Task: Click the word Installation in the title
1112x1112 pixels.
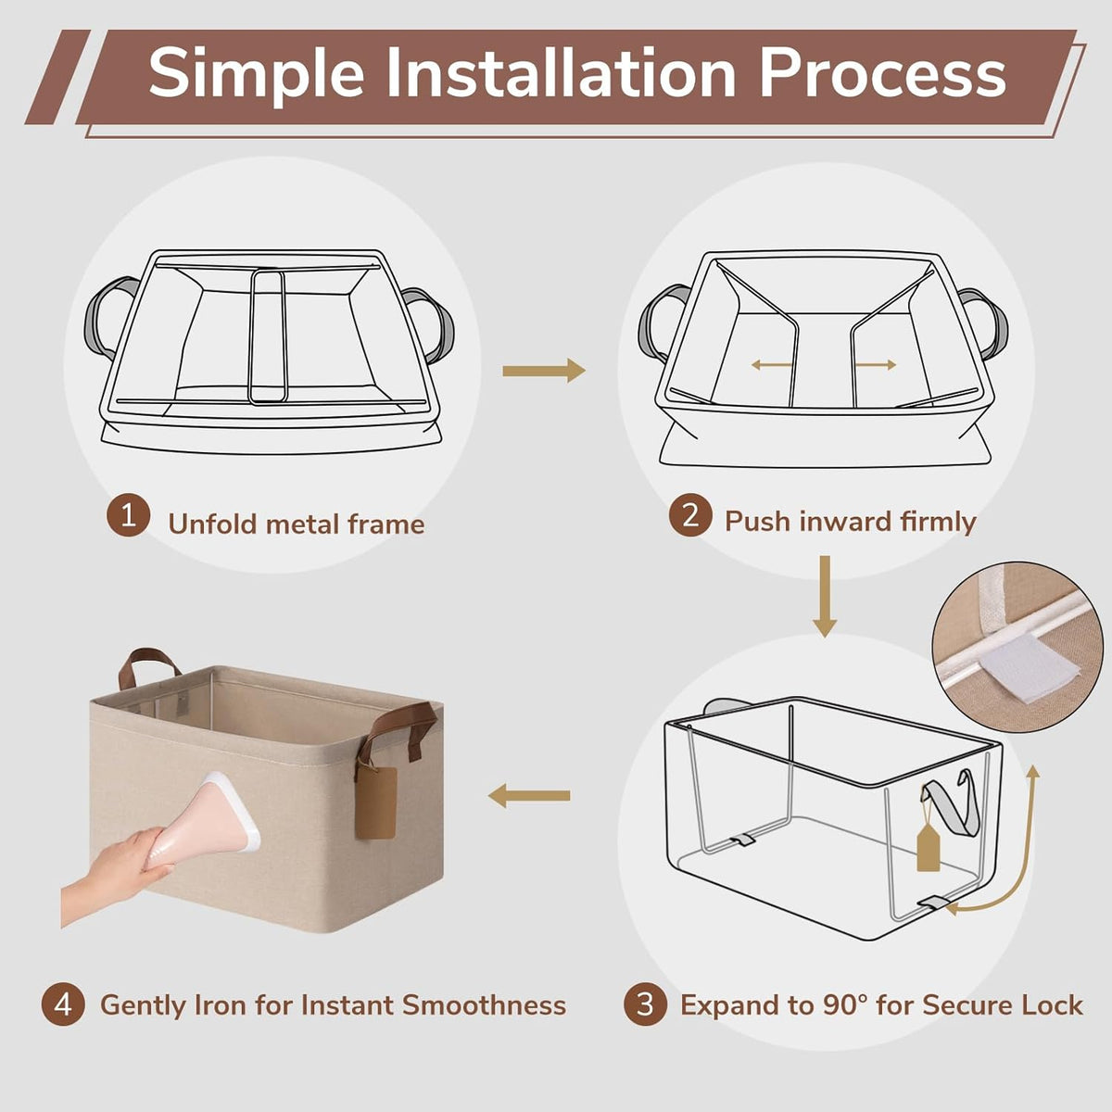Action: (561, 74)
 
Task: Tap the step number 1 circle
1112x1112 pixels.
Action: (128, 514)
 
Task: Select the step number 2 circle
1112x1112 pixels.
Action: (690, 514)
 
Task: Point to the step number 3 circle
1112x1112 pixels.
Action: (645, 1005)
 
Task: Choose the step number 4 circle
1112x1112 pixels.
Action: (64, 1005)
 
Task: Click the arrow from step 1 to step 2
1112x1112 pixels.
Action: (544, 371)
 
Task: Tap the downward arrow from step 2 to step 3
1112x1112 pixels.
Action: (825, 597)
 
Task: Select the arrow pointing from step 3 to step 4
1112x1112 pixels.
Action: (529, 796)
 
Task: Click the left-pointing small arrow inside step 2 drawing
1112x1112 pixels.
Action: (772, 365)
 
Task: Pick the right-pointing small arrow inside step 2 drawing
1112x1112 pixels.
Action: (876, 365)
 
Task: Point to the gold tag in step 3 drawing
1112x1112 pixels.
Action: (928, 847)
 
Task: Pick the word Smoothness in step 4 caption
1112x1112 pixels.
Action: (484, 1005)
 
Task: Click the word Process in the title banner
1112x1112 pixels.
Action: (882, 74)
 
